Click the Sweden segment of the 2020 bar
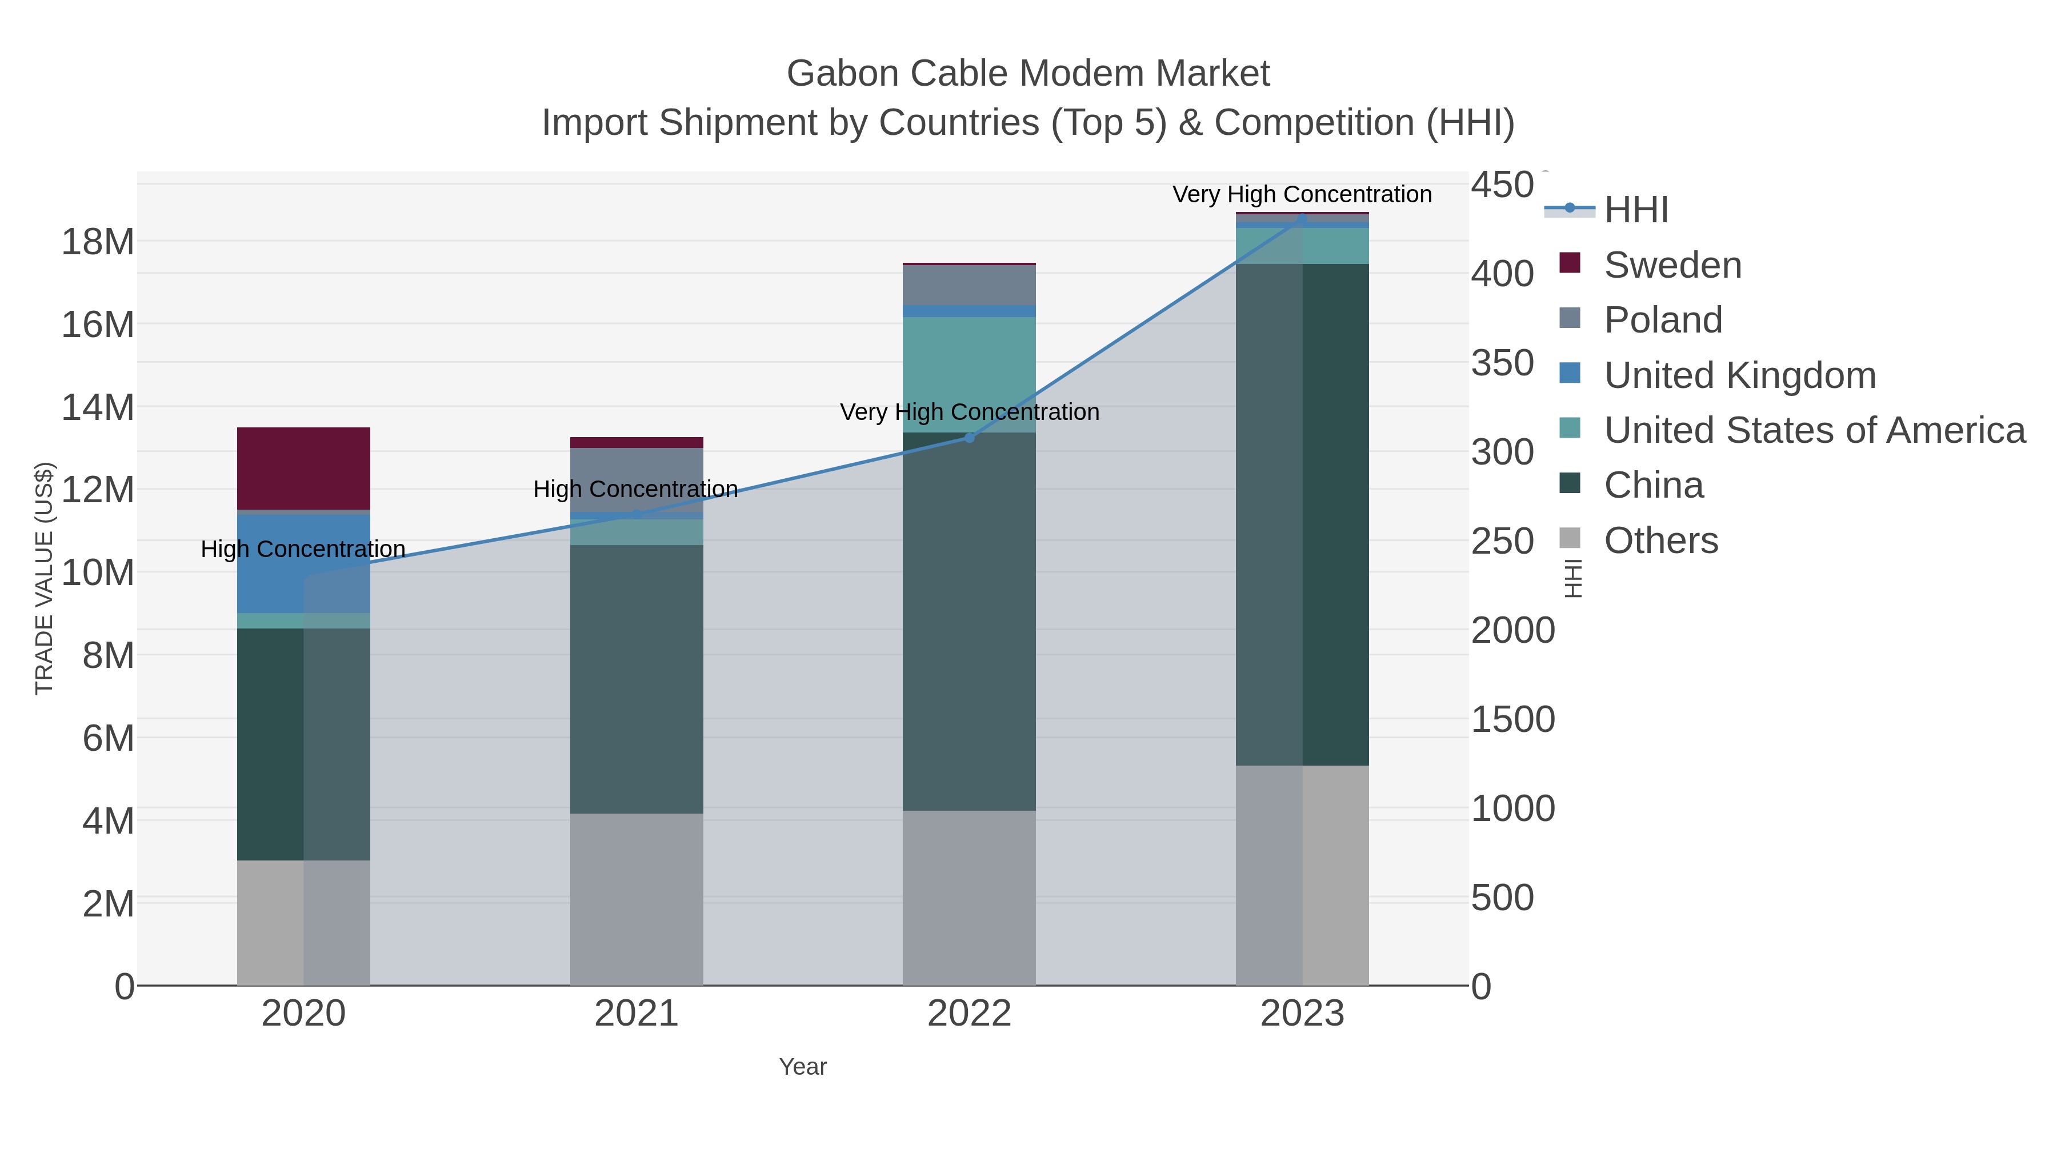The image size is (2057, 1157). [x=303, y=468]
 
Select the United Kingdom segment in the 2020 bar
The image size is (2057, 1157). [x=271, y=563]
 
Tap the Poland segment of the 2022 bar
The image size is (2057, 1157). [x=969, y=285]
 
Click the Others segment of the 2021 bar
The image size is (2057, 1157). [x=637, y=898]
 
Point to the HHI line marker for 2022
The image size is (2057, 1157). [x=970, y=438]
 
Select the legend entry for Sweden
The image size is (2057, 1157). [x=1672, y=265]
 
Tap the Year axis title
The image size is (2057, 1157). [x=803, y=1067]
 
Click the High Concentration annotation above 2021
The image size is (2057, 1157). [x=635, y=489]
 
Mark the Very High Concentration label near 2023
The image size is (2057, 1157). [x=1302, y=194]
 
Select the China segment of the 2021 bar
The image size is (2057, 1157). [x=637, y=679]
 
